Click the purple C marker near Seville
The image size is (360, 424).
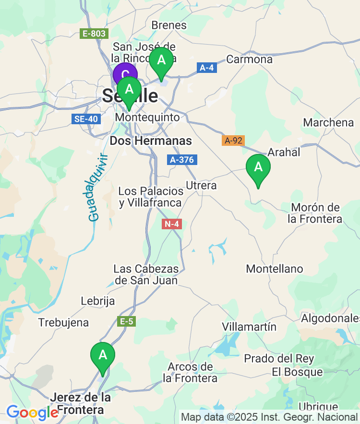(125, 74)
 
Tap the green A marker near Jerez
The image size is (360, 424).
(103, 356)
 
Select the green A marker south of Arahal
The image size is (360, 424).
(258, 168)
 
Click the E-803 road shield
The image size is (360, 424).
(94, 34)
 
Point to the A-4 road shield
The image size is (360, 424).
(206, 68)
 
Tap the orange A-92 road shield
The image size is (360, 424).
(233, 141)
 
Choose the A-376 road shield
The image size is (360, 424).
(182, 160)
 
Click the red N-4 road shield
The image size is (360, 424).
(172, 224)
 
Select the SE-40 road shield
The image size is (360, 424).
(86, 118)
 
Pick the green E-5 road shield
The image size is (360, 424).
(127, 321)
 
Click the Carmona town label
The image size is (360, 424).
(249, 59)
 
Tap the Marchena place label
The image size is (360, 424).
(328, 122)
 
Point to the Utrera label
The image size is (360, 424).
(201, 185)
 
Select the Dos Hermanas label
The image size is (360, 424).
(151, 141)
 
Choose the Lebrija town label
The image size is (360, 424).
(98, 301)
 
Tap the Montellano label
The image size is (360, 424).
(275, 269)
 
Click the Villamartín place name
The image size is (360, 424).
(249, 327)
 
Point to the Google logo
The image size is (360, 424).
(32, 412)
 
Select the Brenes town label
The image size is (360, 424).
(169, 25)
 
